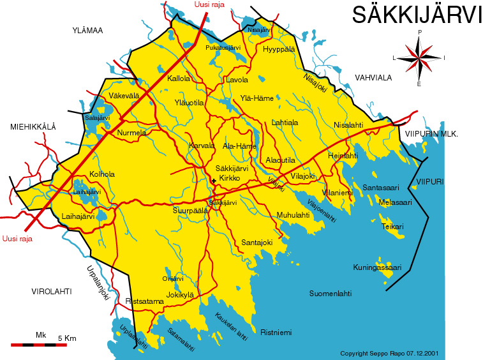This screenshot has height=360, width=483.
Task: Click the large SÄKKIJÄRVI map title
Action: tap(417, 15)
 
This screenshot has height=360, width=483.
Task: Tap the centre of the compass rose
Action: tap(419, 57)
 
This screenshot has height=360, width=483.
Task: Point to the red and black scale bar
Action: tap(39, 345)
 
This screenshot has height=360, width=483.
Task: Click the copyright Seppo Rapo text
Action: tap(389, 353)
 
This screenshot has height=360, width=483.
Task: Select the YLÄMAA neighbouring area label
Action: tap(87, 30)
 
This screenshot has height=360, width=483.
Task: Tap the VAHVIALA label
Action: tap(373, 77)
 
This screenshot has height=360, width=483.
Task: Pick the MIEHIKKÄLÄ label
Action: tap(33, 127)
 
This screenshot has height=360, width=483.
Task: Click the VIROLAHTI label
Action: tap(51, 291)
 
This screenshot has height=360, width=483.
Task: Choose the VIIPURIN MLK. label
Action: tap(432, 133)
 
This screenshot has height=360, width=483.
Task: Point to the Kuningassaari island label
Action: tap(377, 267)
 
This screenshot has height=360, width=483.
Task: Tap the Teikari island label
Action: tap(392, 227)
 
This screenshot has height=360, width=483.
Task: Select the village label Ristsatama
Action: tap(145, 301)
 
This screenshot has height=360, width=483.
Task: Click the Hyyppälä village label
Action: tap(279, 49)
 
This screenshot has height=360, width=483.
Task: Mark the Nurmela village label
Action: tap(132, 133)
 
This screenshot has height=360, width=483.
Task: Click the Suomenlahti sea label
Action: tap(331, 294)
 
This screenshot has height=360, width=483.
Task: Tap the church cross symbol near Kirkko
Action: tap(214, 181)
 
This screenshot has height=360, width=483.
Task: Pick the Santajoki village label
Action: tap(257, 243)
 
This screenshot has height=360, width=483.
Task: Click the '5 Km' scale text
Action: tap(66, 338)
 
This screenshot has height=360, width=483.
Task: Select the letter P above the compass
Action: tap(419, 31)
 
